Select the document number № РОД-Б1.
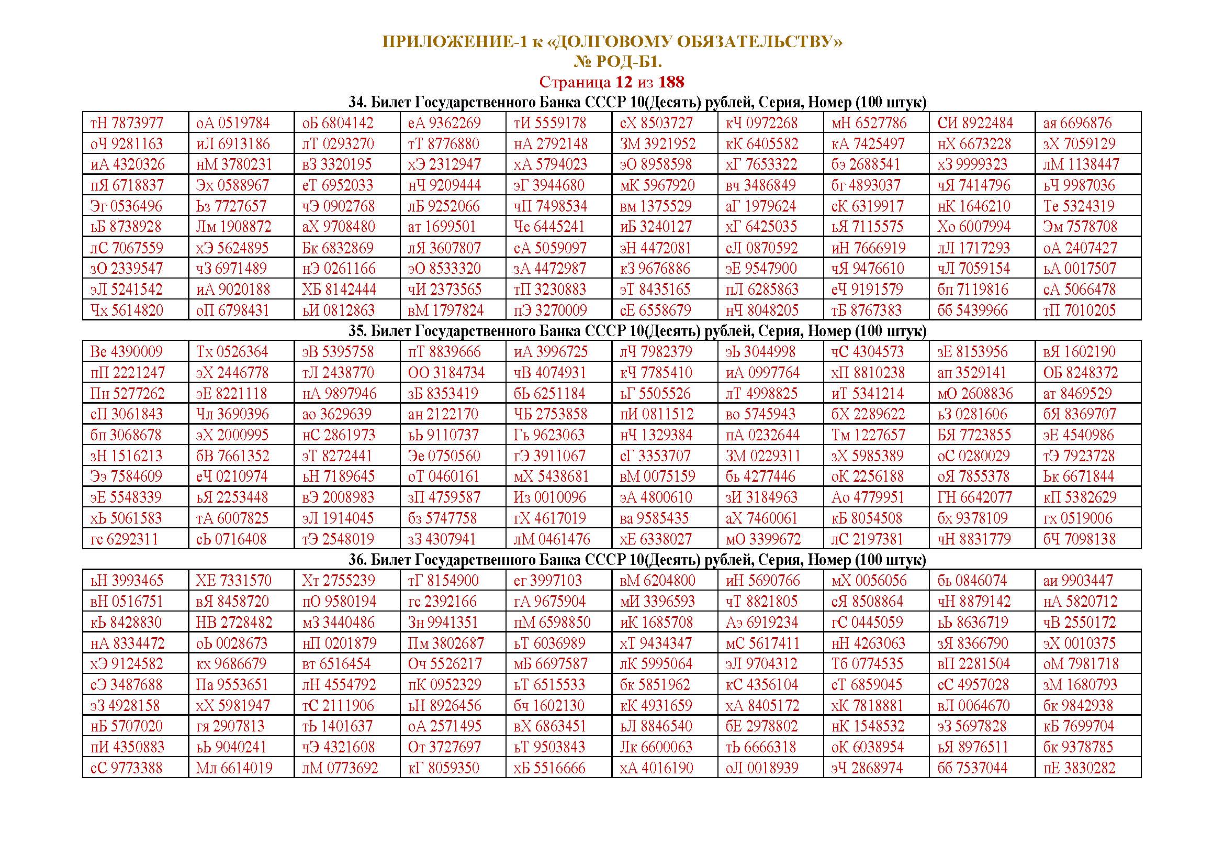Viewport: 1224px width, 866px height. [x=617, y=62]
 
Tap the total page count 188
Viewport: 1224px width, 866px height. [x=671, y=82]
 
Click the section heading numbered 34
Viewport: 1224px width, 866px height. [x=637, y=102]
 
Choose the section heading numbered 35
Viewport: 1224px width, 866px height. [x=637, y=330]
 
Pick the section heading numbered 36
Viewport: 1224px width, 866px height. [x=637, y=559]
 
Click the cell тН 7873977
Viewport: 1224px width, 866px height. [x=127, y=123]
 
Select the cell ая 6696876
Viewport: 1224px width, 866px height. [x=1077, y=123]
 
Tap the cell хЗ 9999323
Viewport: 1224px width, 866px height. [x=972, y=164]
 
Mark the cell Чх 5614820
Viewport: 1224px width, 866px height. [x=127, y=310]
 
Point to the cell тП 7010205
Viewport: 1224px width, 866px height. [x=1079, y=310]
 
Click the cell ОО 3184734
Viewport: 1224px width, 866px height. [x=446, y=372]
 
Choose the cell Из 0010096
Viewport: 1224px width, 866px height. [x=549, y=497]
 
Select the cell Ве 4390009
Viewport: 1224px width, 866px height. [x=127, y=352]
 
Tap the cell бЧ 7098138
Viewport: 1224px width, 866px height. [x=1079, y=539]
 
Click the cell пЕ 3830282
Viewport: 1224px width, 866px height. [x=1079, y=768]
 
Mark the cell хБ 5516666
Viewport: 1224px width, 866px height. [x=549, y=768]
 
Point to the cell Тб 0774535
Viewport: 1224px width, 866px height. [x=867, y=664]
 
